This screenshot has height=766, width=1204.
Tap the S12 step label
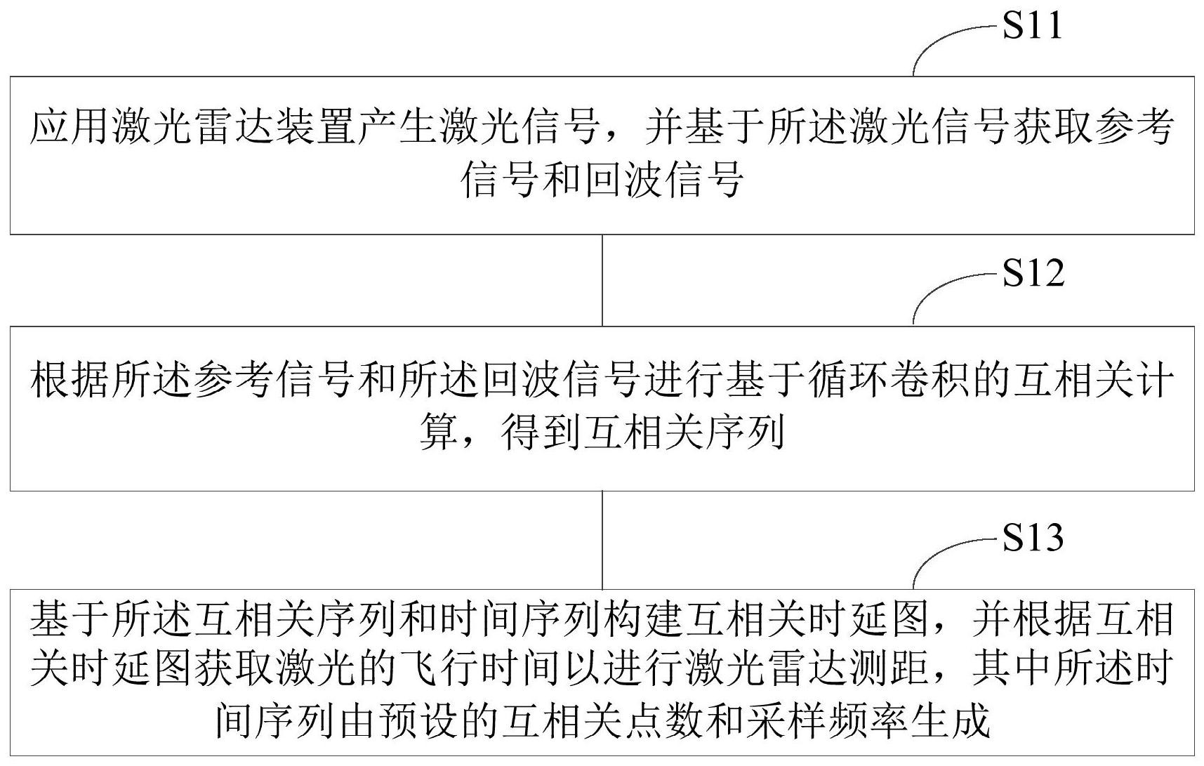click(x=1033, y=273)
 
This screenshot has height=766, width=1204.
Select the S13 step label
click(x=1033, y=537)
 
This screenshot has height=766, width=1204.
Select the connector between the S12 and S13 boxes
click(x=602, y=539)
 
